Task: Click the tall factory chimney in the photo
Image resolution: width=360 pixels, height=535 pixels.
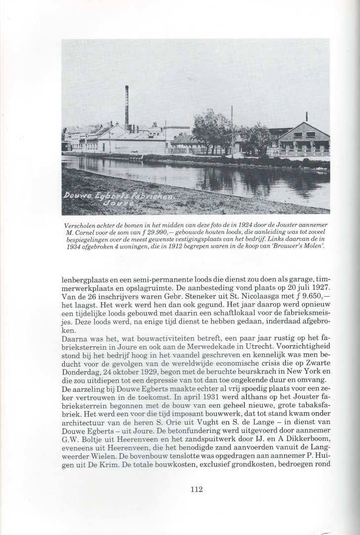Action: (127, 107)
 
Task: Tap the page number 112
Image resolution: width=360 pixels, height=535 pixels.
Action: (197, 490)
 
